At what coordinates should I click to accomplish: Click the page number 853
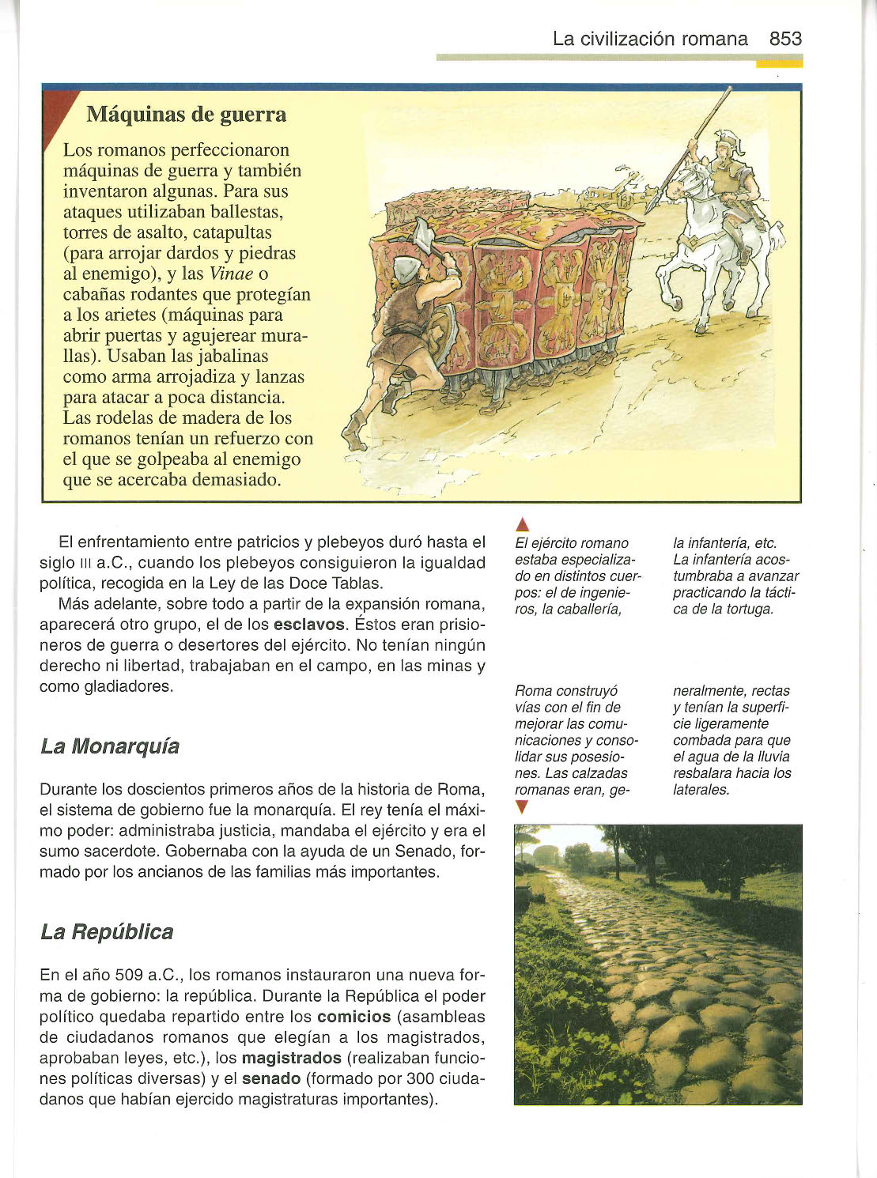tap(784, 39)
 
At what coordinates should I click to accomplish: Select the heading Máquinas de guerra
tap(186, 115)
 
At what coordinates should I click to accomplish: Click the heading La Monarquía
tap(110, 746)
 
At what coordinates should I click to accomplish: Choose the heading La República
tap(107, 931)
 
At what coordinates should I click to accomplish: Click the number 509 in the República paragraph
tap(129, 976)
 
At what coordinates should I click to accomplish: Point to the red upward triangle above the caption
tap(521, 524)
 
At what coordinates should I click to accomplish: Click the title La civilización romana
tap(650, 39)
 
